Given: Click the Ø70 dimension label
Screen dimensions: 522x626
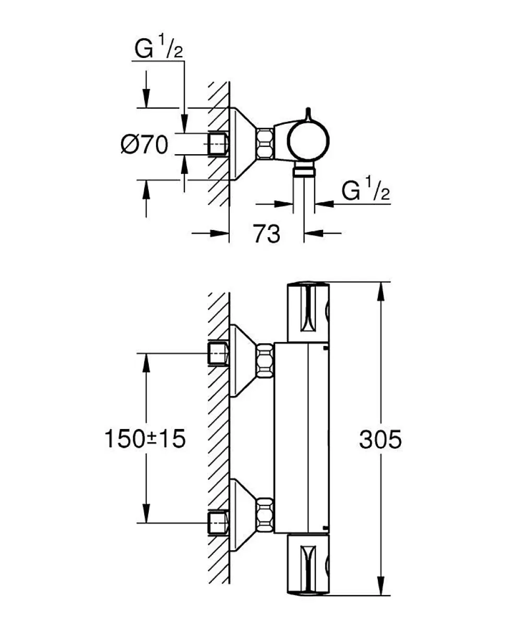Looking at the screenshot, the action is point(145,145).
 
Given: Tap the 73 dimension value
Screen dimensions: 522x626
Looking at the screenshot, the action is point(266,234).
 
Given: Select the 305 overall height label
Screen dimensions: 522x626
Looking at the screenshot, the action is point(381,439).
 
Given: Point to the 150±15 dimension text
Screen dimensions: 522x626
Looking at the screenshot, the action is point(145,439).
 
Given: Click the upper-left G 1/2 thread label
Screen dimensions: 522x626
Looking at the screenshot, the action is point(159,48).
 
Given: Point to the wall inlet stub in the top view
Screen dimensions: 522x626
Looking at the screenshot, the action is point(218,144).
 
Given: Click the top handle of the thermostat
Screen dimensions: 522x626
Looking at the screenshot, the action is point(309,312).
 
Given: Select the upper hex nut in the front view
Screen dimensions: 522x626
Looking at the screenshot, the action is point(265,360).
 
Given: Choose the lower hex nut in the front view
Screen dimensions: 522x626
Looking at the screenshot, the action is point(265,515).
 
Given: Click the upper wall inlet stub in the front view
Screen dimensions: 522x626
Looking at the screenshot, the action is point(218,353).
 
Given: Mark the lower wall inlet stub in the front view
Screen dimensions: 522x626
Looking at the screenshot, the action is point(218,523).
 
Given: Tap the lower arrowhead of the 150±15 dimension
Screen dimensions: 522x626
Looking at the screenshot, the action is point(146,514).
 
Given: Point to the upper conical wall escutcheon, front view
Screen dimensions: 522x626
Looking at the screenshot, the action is point(242,360).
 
